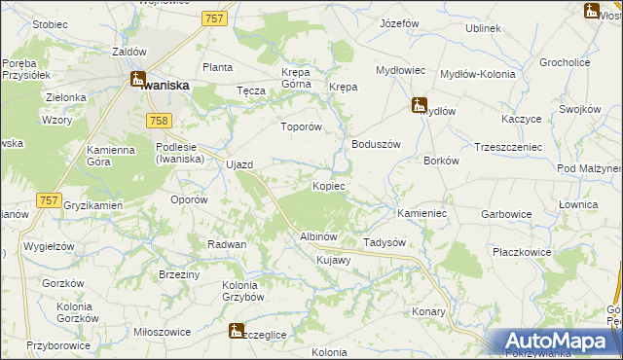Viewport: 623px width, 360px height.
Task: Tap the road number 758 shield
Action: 159,120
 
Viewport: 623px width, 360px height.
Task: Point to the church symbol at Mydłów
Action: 419,104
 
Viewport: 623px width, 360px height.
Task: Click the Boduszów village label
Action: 376,144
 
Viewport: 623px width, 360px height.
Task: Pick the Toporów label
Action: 300,126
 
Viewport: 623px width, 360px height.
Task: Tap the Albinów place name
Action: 318,237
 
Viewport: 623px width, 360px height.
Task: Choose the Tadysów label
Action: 384,242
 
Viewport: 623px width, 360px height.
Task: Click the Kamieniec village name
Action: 421,212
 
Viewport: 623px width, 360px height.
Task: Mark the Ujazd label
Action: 239,164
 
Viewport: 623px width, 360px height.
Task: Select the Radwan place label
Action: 226,244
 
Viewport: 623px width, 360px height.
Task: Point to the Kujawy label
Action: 333,261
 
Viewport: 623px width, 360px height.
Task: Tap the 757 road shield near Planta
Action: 215,18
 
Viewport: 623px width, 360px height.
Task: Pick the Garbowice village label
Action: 504,213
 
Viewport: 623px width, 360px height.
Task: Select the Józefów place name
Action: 399,22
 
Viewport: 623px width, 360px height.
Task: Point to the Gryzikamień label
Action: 92,206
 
